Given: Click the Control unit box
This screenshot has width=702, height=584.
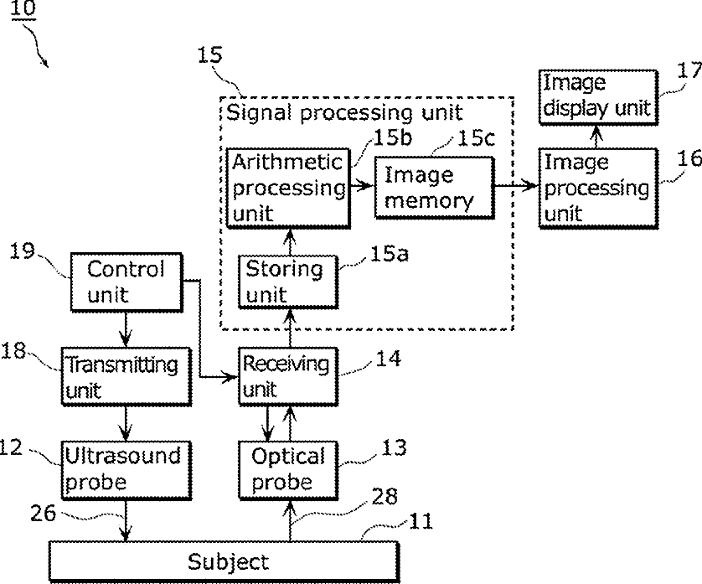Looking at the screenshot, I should [x=126, y=282].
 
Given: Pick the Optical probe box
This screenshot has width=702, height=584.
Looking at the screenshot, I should [x=288, y=468].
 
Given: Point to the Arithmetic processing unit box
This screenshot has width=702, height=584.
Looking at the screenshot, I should [x=286, y=187].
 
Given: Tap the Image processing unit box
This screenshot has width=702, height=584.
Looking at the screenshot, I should [x=596, y=187].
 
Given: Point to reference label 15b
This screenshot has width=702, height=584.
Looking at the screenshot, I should [x=390, y=133].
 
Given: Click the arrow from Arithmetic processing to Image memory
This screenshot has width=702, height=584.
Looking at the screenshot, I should [x=361, y=188].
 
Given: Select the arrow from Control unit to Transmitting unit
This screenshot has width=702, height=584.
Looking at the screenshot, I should [x=125, y=326].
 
